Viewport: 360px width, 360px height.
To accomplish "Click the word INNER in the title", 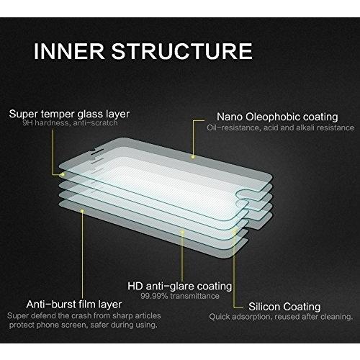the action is [x=69, y=51].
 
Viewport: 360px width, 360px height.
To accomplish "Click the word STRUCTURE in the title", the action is [x=182, y=51].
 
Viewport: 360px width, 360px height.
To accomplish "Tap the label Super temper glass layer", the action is [x=69, y=114].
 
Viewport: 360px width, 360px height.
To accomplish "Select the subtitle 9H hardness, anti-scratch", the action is [x=70, y=123].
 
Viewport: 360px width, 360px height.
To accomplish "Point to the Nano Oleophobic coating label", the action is [x=277, y=117].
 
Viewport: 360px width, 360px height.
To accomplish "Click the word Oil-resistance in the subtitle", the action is [x=233, y=127].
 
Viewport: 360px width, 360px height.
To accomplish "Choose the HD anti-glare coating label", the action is [x=179, y=286].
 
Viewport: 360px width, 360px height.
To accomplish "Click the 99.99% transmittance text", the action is [x=180, y=296].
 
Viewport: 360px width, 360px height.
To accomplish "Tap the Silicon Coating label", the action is [x=284, y=307].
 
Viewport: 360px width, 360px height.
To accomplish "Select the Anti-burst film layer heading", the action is [x=74, y=305].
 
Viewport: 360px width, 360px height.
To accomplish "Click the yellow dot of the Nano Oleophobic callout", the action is [x=193, y=157].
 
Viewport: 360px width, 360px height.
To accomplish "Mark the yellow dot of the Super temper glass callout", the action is [x=63, y=174].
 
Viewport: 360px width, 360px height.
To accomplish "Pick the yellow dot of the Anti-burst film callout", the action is [x=82, y=211].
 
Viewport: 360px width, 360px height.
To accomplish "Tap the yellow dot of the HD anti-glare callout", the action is [x=182, y=233].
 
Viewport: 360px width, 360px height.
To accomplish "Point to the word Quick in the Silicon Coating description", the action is [x=219, y=317].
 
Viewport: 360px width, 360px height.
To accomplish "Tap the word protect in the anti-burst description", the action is [x=22, y=325].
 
